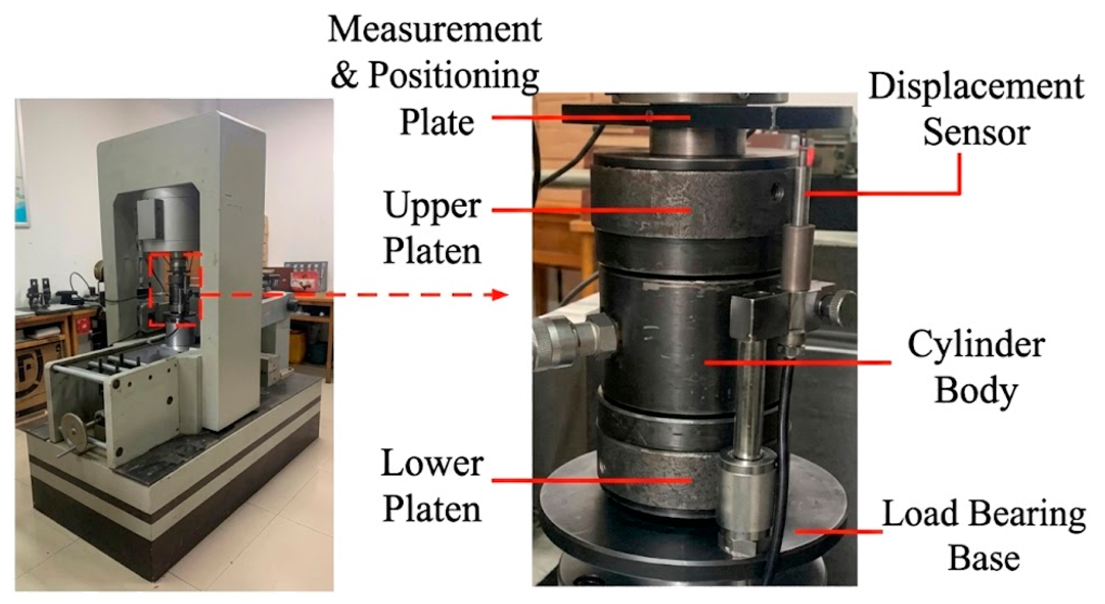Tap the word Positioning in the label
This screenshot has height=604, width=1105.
coord(453,77)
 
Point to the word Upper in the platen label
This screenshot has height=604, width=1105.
coord(432,206)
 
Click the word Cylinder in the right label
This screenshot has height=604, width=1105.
coord(976,345)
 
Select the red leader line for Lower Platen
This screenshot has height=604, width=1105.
coord(592,480)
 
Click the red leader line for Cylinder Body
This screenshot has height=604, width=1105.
coord(798,363)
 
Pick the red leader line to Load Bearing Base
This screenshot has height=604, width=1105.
coord(839,532)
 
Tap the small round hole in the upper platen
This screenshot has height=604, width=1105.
coord(776,189)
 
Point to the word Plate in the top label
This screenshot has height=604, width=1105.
coord(437,123)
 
